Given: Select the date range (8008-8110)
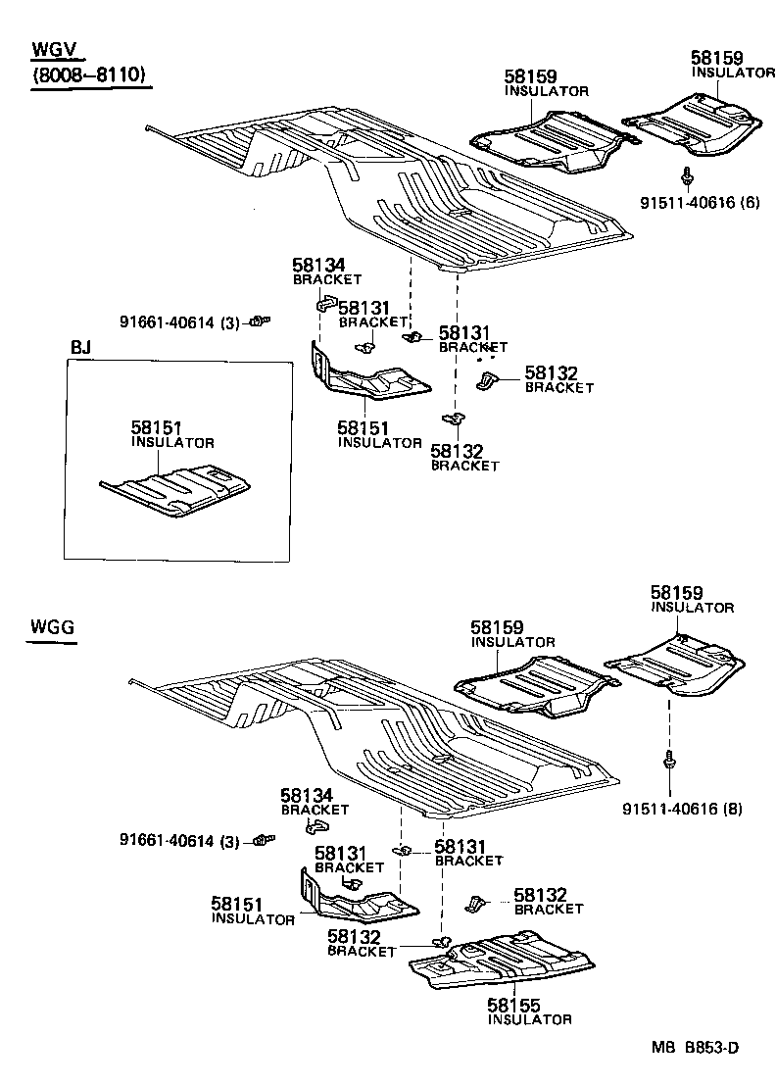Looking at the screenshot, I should tap(90, 76).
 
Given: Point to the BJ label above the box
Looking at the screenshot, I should tap(81, 349).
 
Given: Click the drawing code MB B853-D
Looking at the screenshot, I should tap(695, 1047).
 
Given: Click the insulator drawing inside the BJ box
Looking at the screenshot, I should tap(176, 490).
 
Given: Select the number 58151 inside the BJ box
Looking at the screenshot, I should tap(157, 427).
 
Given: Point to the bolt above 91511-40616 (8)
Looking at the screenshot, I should tap(668, 760).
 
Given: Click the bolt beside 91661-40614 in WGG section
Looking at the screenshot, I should tap(262, 839).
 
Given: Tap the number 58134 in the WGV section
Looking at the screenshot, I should tap(318, 265).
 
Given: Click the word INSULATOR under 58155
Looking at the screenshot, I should tap(529, 1020).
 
